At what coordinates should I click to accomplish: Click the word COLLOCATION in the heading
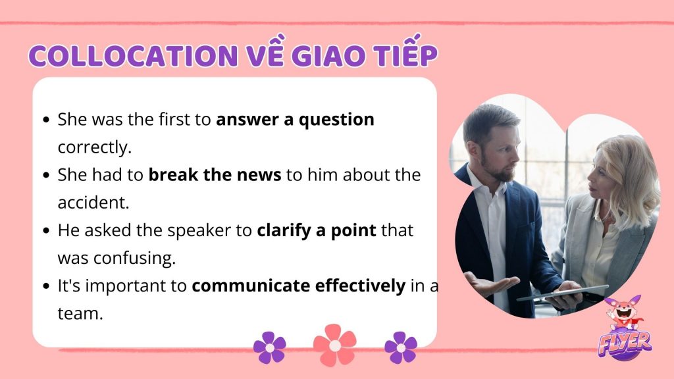pos(133,55)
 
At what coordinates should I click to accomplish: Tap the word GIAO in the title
pos(328,55)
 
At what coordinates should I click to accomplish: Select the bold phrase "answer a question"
pos(295,120)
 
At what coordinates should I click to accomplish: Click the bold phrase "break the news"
pos(215,175)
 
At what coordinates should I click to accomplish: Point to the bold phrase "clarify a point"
pos(317,231)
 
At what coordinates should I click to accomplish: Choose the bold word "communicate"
pos(251,286)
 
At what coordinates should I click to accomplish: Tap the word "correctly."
pos(95,148)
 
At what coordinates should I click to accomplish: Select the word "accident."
pos(93,203)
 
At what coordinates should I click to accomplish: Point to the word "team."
pos(80,313)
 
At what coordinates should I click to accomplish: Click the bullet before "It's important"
pos(47,286)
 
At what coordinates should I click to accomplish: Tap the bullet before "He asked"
pos(47,231)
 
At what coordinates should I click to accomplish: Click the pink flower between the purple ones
pos(335,345)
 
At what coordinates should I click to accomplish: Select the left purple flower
pos(269,347)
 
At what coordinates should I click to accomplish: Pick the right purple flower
pos(401,347)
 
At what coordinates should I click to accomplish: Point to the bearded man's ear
pos(473,147)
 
